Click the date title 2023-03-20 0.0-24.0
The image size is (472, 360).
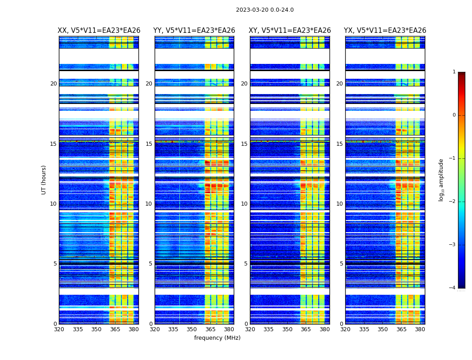point(265,10)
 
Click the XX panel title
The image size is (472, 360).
point(99,31)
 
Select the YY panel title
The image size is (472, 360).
point(194,31)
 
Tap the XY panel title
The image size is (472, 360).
point(290,31)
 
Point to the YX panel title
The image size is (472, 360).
point(385,31)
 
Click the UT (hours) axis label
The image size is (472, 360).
point(44,180)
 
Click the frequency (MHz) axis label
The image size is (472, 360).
point(217,338)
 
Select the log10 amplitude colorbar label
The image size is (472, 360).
point(441,180)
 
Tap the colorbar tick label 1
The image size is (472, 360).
point(454,72)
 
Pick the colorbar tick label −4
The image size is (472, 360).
point(453,288)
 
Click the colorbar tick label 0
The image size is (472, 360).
point(454,115)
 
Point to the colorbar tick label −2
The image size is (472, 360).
point(453,202)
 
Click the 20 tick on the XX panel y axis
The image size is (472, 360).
point(53,84)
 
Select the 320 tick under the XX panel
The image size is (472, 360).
point(59,329)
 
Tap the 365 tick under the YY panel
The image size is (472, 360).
point(210,329)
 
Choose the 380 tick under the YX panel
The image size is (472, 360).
point(420,329)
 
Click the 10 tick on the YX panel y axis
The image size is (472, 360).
point(340,204)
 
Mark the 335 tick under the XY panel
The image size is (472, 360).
point(268,329)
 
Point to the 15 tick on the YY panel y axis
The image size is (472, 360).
point(149,144)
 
